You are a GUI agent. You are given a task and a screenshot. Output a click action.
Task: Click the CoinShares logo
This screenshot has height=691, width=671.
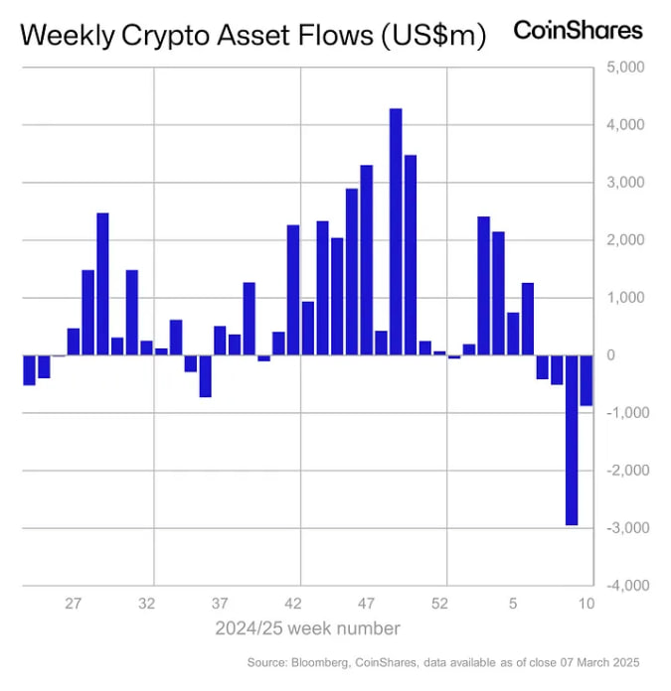pyautogui.click(x=578, y=30)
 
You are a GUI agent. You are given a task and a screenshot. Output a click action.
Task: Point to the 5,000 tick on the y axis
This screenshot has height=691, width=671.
pyautogui.click(x=624, y=68)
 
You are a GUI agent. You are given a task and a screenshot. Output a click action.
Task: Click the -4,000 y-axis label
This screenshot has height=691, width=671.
pyautogui.click(x=622, y=586)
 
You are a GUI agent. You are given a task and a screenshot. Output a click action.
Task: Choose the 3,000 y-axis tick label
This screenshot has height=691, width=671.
pyautogui.click(x=624, y=183)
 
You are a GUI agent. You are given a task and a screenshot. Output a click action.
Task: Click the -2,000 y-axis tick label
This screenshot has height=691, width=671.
pyautogui.click(x=622, y=471)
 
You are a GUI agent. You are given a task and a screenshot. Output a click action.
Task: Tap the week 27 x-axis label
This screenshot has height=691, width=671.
pyautogui.click(x=74, y=603)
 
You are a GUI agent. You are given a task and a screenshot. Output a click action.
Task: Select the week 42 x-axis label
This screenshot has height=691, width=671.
pyautogui.click(x=293, y=603)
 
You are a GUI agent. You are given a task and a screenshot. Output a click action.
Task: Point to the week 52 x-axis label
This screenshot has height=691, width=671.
pyautogui.click(x=439, y=603)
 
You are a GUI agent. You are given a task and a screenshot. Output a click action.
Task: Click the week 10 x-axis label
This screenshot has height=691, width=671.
pyautogui.click(x=587, y=603)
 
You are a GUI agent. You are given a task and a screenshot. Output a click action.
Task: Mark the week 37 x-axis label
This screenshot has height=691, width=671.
pyautogui.click(x=220, y=603)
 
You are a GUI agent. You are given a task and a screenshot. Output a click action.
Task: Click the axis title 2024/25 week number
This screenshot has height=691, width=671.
pyautogui.click(x=308, y=628)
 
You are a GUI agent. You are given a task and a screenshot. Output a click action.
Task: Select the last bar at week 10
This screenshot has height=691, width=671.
pyautogui.click(x=587, y=380)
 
